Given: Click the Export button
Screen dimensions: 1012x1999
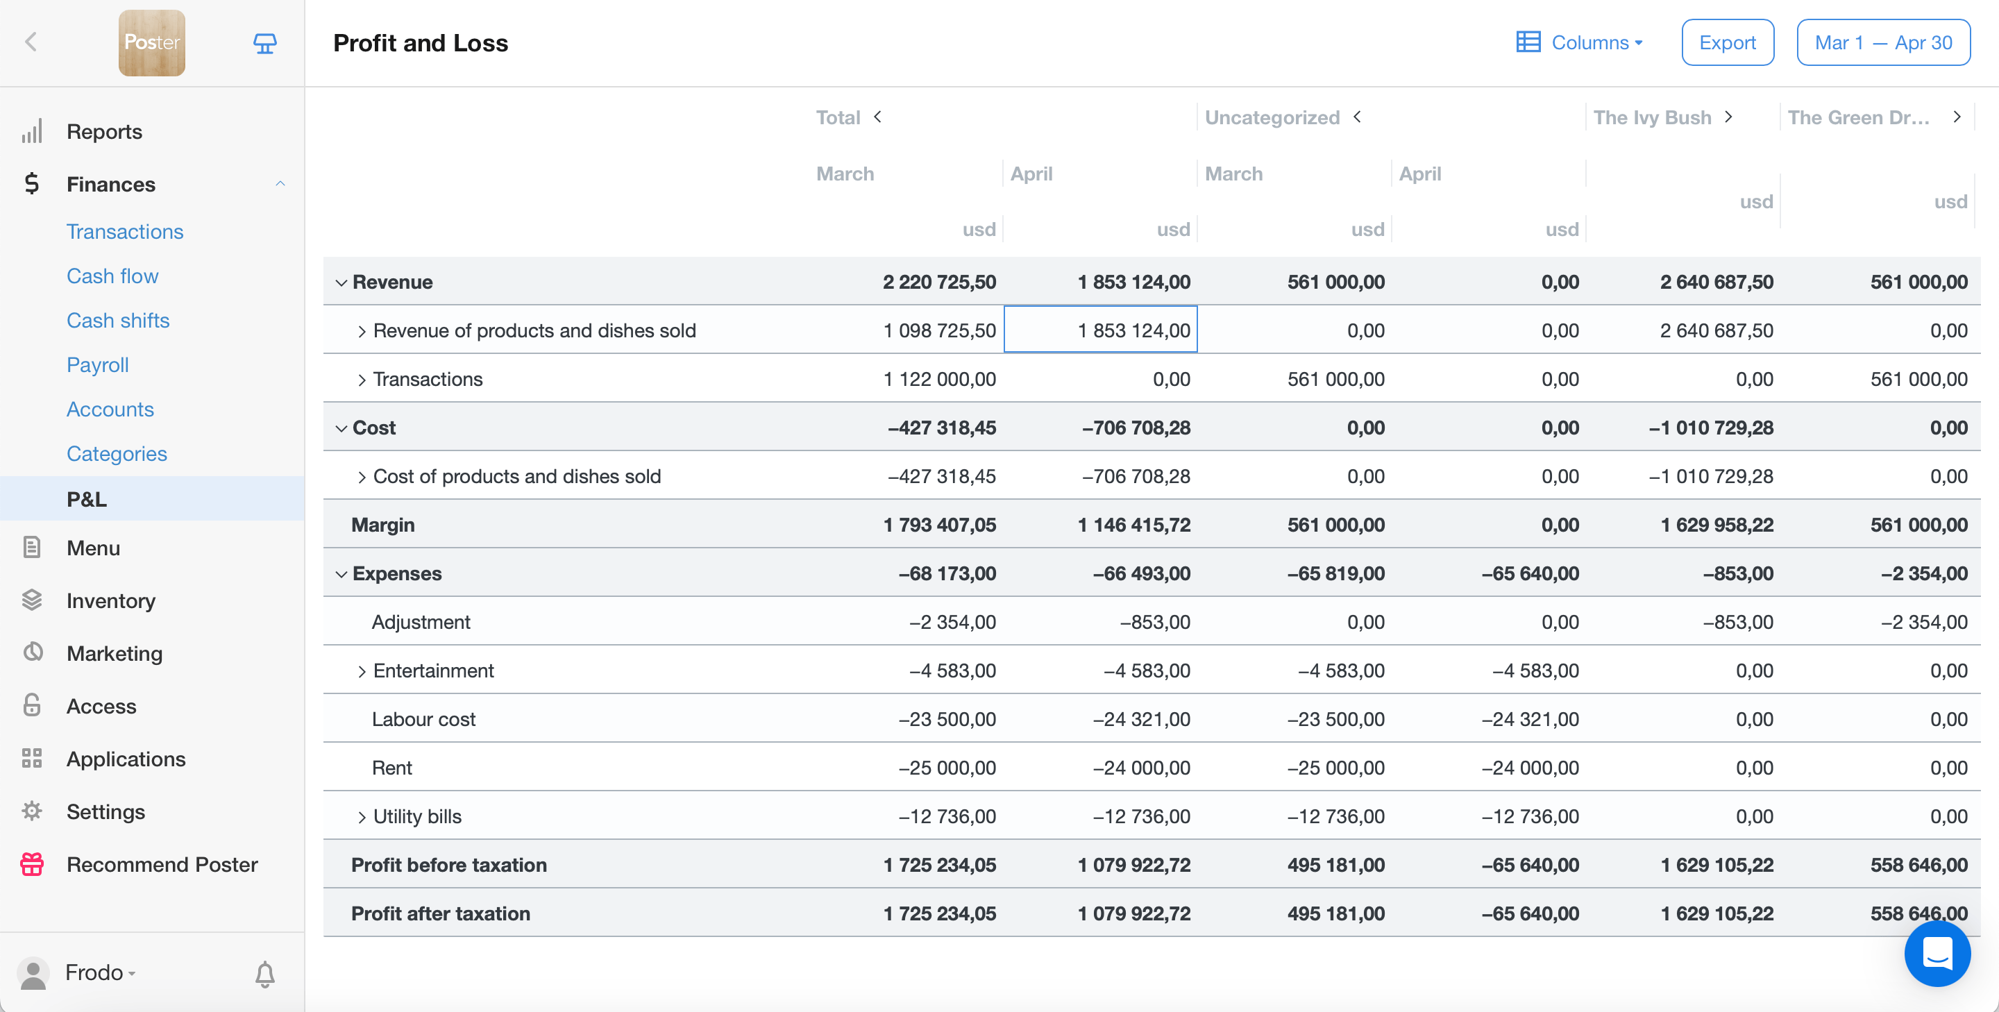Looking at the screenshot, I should [1727, 42].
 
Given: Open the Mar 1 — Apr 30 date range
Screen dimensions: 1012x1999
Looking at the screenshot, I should [1882, 42].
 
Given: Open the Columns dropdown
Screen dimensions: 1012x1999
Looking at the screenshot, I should [1580, 42].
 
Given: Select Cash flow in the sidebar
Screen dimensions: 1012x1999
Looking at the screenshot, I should [112, 276].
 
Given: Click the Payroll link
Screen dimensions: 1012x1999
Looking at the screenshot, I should [98, 365].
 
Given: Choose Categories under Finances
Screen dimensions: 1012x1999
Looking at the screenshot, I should [117, 454].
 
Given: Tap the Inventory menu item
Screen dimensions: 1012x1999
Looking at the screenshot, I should [111, 600].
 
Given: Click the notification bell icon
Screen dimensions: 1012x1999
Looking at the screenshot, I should [264, 973].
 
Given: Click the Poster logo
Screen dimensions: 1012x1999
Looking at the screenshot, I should [152, 42].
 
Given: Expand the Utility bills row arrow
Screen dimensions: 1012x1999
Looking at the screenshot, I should [362, 817].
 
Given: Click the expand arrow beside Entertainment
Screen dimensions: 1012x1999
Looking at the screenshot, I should [362, 671].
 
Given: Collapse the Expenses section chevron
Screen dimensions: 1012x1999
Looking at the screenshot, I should [341, 574].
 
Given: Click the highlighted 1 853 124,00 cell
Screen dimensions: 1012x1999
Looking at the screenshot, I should [1100, 330].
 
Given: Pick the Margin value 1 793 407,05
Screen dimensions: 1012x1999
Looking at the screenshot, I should [939, 525].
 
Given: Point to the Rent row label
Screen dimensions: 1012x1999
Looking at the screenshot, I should [392, 768].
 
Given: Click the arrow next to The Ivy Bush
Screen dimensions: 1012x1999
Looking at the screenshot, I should [1728, 117].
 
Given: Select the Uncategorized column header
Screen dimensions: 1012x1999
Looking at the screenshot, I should [1272, 118].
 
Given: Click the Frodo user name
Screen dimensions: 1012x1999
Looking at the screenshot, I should [94, 972].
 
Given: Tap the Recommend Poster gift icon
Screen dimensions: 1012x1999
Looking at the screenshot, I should [32, 865].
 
